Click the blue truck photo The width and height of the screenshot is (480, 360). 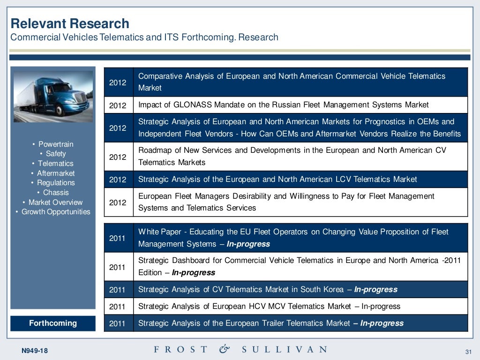[52, 97]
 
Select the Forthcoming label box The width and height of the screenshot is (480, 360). [52, 323]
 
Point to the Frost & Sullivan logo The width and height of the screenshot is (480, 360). [240, 349]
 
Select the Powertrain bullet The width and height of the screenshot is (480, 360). [55, 144]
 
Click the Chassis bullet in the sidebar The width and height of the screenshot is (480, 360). [55, 193]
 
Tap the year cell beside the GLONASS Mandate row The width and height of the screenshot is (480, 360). [118, 105]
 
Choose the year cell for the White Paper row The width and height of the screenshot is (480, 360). [118, 238]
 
